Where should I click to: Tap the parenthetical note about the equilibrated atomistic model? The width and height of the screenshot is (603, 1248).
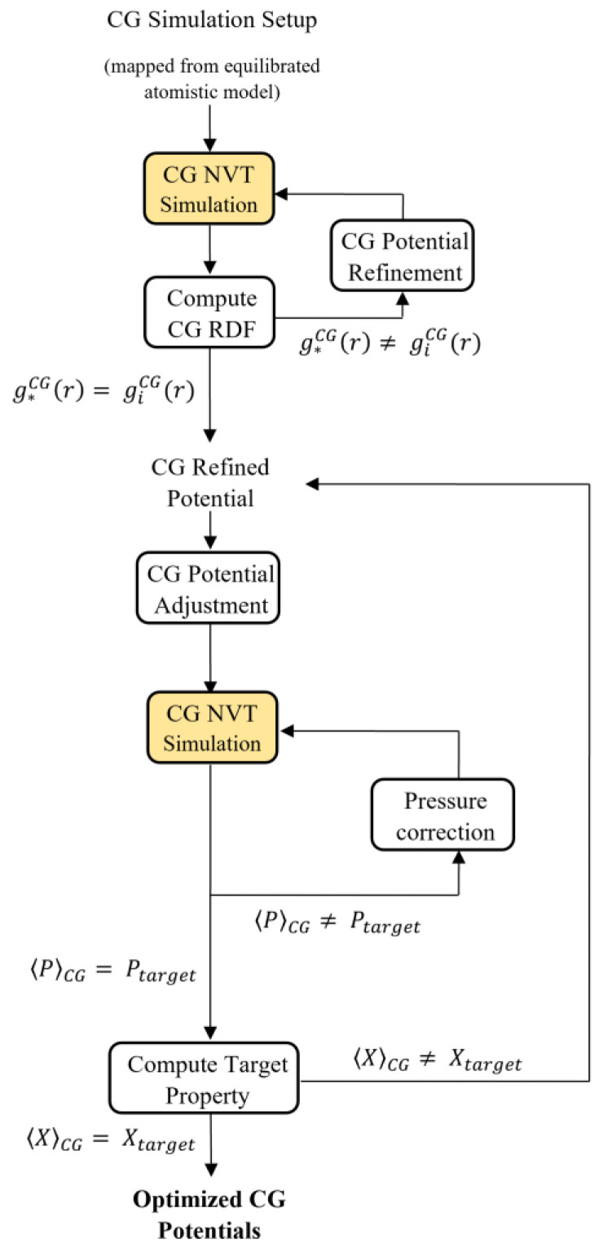(x=211, y=81)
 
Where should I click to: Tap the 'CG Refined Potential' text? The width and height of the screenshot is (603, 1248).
(x=211, y=482)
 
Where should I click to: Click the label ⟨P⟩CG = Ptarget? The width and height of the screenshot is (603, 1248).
(x=110, y=972)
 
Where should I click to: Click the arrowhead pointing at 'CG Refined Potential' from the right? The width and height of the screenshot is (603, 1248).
(x=312, y=485)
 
